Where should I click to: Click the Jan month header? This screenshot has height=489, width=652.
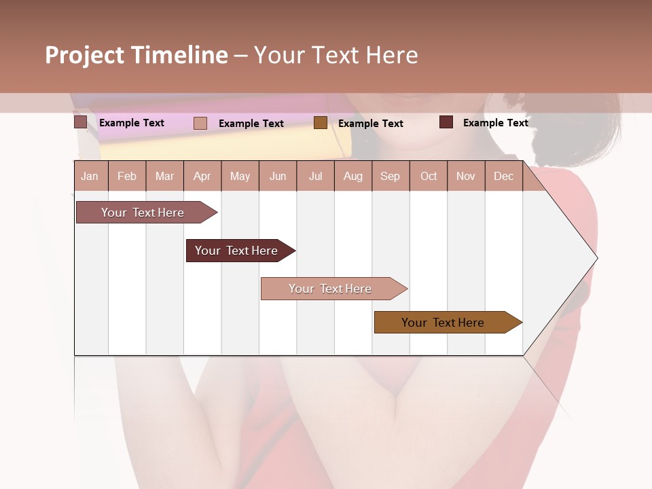[90, 177]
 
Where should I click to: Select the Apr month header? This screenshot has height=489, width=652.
[202, 177]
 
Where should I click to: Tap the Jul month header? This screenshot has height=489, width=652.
[315, 177]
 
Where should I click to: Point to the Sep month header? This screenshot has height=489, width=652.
[390, 177]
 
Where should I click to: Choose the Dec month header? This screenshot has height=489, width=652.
[503, 177]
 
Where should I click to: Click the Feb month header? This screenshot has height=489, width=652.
[127, 177]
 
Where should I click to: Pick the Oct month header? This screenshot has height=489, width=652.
[429, 177]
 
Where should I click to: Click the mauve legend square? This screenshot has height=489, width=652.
[80, 122]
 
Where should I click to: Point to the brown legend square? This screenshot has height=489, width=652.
[321, 122]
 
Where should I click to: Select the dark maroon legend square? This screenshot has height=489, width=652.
[446, 122]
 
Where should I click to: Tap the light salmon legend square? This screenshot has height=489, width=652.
[200, 123]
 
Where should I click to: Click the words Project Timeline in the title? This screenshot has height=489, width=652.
[137, 55]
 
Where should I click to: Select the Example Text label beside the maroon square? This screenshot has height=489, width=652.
[495, 123]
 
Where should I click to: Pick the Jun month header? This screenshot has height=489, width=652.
[278, 177]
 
